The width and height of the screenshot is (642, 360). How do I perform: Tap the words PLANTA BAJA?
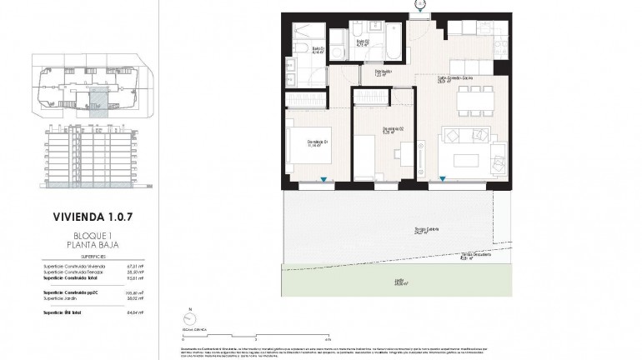[x=91, y=246]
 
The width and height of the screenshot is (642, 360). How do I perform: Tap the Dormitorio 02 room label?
[x=393, y=128]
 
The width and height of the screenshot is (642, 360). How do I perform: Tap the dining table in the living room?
[x=472, y=99]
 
